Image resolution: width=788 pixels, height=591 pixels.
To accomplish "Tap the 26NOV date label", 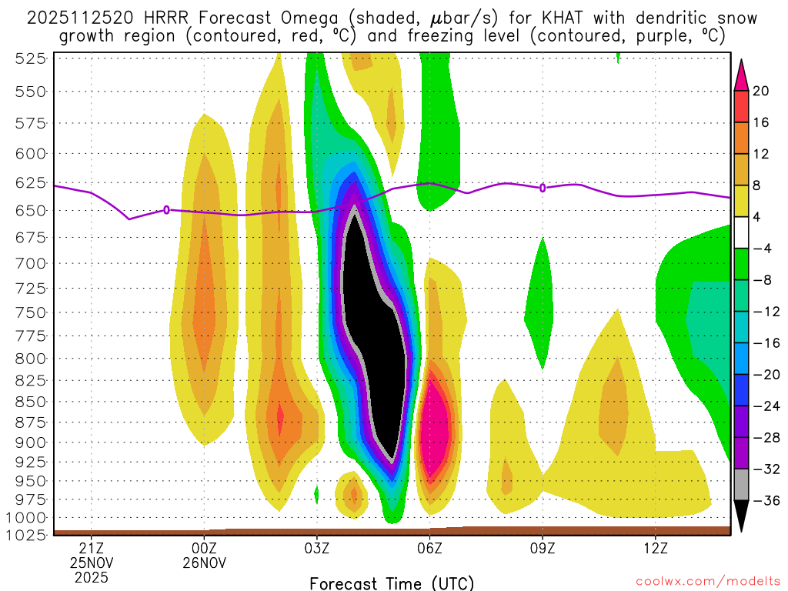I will [x=205, y=563].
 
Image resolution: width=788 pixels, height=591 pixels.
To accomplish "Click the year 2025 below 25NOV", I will [x=92, y=577].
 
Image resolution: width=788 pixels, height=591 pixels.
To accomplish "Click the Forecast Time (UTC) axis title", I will [x=392, y=583].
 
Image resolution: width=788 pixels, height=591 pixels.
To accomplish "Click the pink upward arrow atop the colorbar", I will [x=741, y=73].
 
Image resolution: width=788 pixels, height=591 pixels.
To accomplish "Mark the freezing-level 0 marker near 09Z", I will [x=543, y=188].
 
